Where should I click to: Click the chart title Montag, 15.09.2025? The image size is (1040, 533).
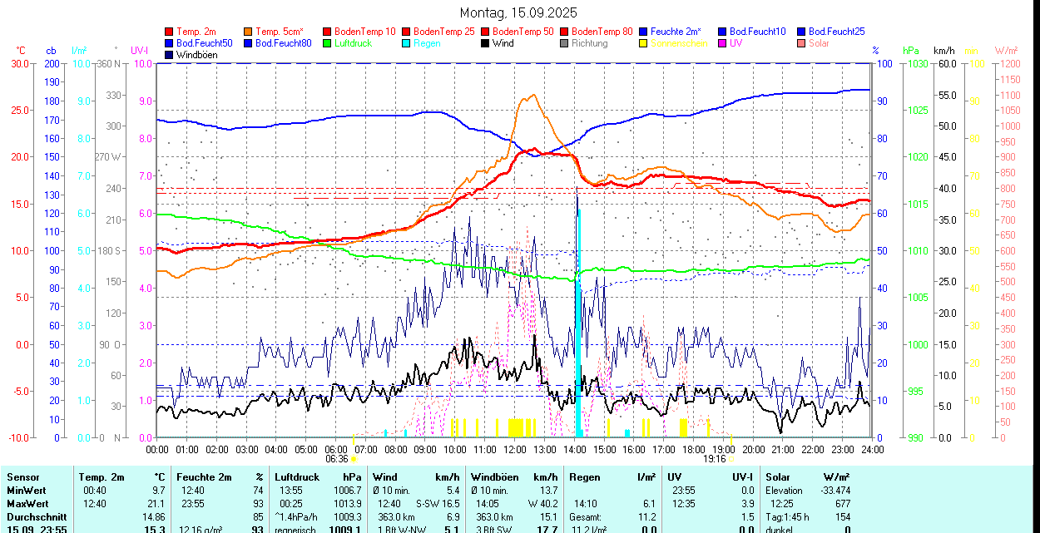click(x=518, y=13)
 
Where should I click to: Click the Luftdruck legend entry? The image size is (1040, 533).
click(x=352, y=43)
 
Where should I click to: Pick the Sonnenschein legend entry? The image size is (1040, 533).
click(x=679, y=43)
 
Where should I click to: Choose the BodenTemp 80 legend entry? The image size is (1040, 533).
click(x=602, y=32)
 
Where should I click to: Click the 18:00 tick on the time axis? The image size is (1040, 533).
click(x=693, y=450)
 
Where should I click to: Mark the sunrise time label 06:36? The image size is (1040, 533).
click(x=337, y=459)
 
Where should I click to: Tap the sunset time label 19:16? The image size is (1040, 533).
click(x=714, y=459)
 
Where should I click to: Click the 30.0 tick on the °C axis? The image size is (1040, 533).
click(x=19, y=64)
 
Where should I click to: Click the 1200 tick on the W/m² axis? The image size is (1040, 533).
click(x=1008, y=64)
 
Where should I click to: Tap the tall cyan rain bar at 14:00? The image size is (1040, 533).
click(x=578, y=333)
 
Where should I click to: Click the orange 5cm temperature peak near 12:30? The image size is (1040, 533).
click(x=530, y=96)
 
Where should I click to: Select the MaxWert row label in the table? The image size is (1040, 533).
click(x=28, y=504)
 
